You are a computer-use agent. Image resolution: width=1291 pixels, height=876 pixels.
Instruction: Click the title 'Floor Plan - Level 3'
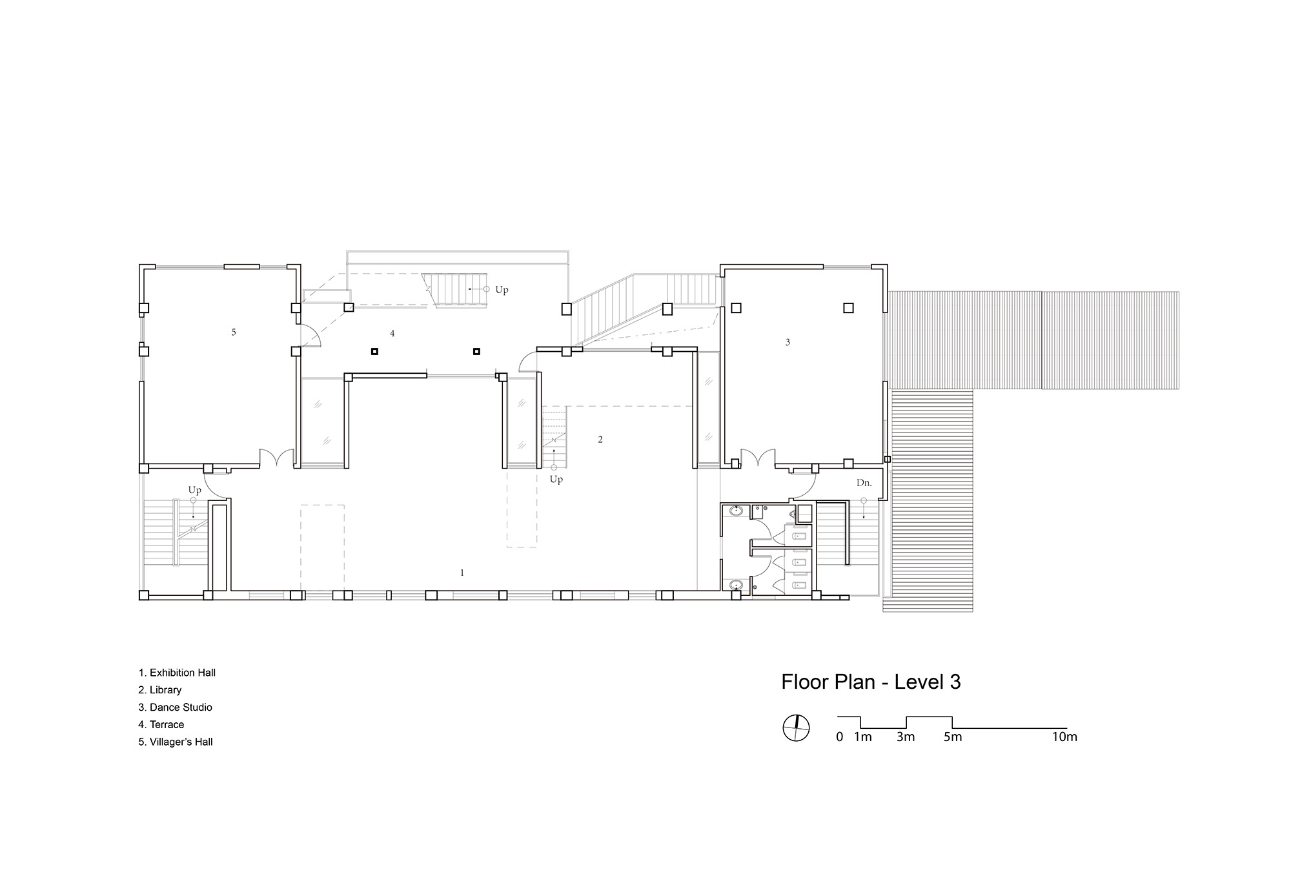pyautogui.click(x=871, y=682)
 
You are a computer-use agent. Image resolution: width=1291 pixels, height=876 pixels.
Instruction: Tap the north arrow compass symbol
pyautogui.click(x=796, y=728)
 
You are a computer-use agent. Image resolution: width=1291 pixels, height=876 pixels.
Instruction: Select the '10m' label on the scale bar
pyautogui.click(x=1065, y=737)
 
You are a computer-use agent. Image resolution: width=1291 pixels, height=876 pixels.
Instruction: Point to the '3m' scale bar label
pyautogui.click(x=906, y=737)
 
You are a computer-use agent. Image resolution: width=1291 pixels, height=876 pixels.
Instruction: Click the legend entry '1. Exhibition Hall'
pyautogui.click(x=177, y=673)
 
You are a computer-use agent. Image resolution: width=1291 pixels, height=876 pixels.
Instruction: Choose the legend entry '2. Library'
pyautogui.click(x=160, y=690)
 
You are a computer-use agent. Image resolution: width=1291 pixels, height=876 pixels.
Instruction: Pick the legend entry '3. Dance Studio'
pyautogui.click(x=175, y=708)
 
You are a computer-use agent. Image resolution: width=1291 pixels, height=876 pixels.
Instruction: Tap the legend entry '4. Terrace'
pyautogui.click(x=161, y=724)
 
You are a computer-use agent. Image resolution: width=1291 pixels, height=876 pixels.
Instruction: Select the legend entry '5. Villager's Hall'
pyautogui.click(x=176, y=742)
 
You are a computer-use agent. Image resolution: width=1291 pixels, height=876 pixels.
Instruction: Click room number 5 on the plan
pyautogui.click(x=234, y=332)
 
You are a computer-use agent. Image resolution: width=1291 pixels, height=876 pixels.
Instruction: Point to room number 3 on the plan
pyautogui.click(x=788, y=342)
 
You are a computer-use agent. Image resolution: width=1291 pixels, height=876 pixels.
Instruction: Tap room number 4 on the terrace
pyautogui.click(x=392, y=334)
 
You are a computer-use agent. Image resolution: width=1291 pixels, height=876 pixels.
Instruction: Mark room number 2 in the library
pyautogui.click(x=600, y=440)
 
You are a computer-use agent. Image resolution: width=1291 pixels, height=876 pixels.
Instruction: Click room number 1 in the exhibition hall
pyautogui.click(x=462, y=573)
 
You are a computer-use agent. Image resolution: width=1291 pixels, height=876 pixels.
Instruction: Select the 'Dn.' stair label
pyautogui.click(x=864, y=482)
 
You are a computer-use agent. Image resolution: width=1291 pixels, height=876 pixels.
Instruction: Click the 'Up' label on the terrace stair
pyautogui.click(x=502, y=290)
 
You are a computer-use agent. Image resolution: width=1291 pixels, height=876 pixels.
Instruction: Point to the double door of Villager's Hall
pyautogui.click(x=277, y=458)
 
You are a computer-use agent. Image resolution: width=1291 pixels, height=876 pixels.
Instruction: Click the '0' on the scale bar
pyautogui.click(x=839, y=737)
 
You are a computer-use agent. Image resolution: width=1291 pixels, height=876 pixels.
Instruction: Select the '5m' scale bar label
pyautogui.click(x=953, y=737)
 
